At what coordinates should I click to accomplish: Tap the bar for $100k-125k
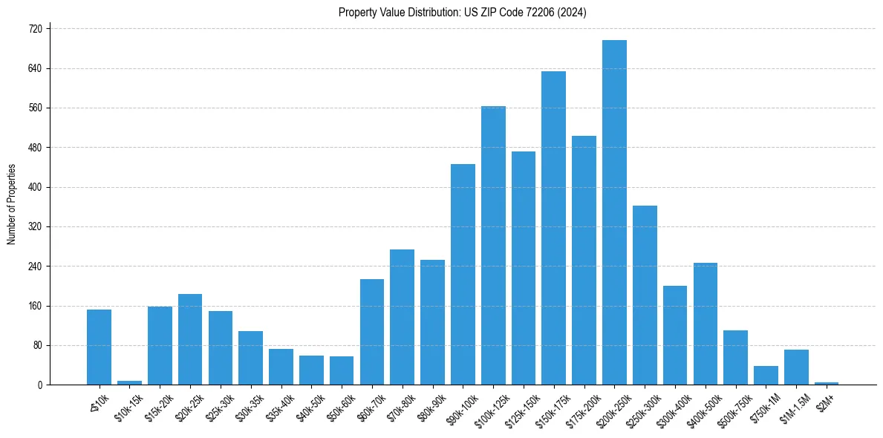coord(493,245)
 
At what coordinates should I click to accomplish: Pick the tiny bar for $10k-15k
coord(129,382)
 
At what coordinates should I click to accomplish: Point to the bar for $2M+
coord(827,383)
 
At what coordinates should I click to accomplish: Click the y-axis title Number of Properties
coord(11,204)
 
